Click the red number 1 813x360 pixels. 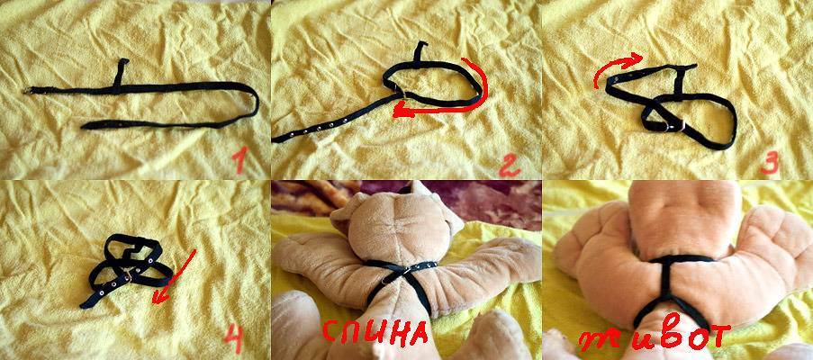pyautogui.click(x=239, y=161)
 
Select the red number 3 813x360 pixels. pyautogui.click(x=770, y=164)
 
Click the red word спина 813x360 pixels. pyautogui.click(x=375, y=331)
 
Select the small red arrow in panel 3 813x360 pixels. pyautogui.click(x=616, y=67)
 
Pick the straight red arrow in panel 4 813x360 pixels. pyautogui.click(x=175, y=277)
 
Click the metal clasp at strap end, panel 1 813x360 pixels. pyautogui.click(x=28, y=91)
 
